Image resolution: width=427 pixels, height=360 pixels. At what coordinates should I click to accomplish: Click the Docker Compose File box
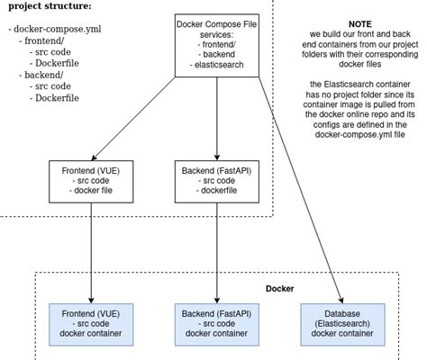click(217, 45)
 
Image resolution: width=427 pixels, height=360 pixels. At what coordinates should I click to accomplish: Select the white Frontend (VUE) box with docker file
click(91, 182)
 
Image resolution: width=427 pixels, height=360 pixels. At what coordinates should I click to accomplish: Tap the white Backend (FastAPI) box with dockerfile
click(217, 182)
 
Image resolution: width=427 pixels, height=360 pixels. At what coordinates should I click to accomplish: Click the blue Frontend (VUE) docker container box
click(91, 325)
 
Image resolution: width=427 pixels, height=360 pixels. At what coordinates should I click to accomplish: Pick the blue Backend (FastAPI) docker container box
click(217, 325)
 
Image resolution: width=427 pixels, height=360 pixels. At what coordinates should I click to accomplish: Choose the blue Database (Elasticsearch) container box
click(342, 325)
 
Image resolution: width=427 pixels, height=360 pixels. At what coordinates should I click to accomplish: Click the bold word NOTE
click(360, 24)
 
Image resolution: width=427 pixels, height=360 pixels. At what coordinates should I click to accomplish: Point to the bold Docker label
click(280, 289)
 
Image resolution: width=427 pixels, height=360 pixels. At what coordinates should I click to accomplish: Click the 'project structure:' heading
click(50, 6)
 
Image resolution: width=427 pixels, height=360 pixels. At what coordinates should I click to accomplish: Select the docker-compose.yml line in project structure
click(55, 29)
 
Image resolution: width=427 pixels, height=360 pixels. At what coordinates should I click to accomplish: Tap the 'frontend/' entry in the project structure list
click(41, 40)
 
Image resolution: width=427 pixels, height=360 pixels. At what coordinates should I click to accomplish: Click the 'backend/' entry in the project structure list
click(41, 75)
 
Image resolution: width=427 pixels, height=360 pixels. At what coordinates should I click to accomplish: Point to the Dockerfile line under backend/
click(54, 98)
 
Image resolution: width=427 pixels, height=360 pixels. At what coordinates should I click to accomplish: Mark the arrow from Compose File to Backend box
click(217, 119)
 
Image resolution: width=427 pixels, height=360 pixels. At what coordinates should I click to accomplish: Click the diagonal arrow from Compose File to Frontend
click(133, 119)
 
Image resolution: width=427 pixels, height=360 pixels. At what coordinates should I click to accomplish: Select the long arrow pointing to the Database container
click(301, 190)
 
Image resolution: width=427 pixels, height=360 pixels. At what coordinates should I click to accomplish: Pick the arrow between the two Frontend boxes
click(91, 253)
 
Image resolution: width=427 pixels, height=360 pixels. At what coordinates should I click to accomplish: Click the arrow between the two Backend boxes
click(217, 253)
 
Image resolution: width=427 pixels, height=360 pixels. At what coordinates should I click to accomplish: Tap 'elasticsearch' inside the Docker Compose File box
click(219, 65)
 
